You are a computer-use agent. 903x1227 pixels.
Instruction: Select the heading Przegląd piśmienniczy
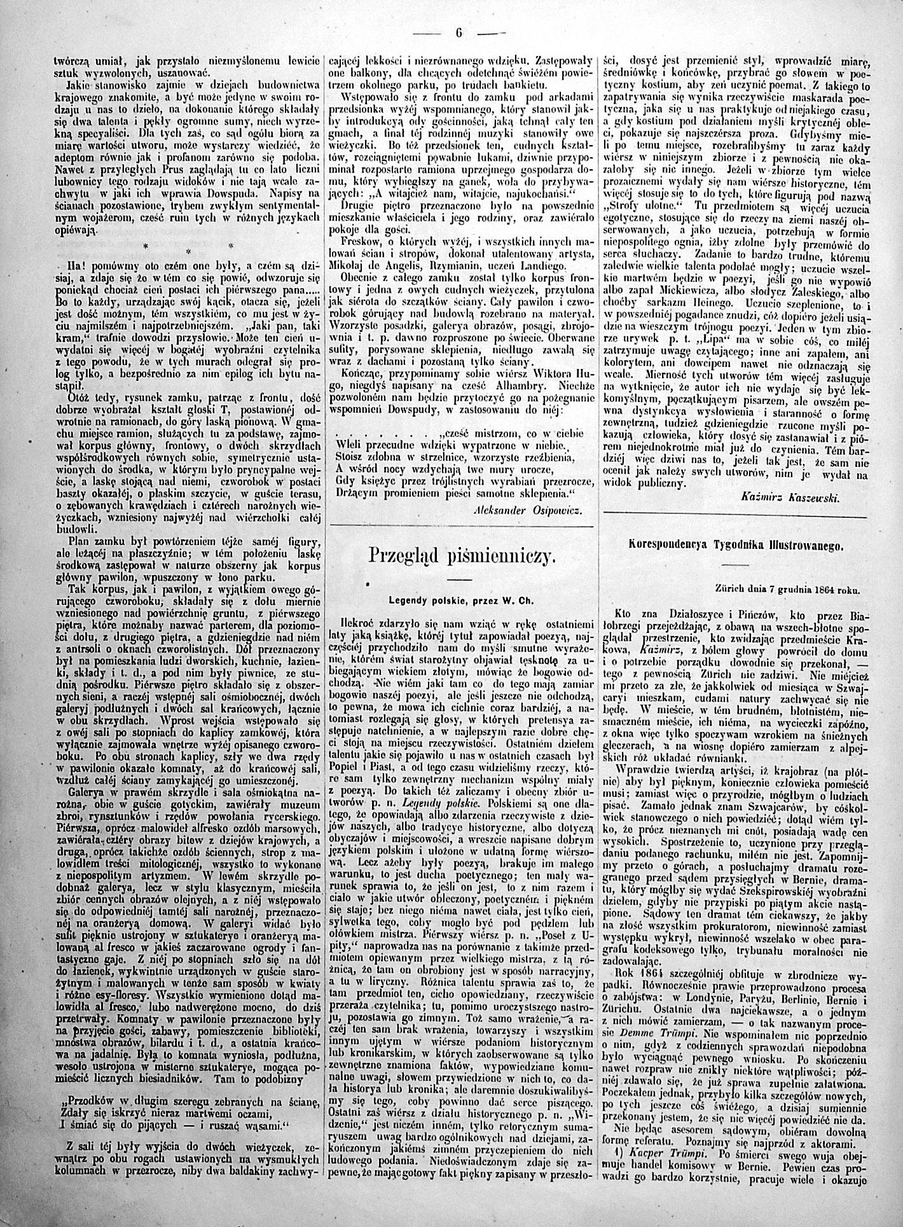[x=463, y=555]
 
